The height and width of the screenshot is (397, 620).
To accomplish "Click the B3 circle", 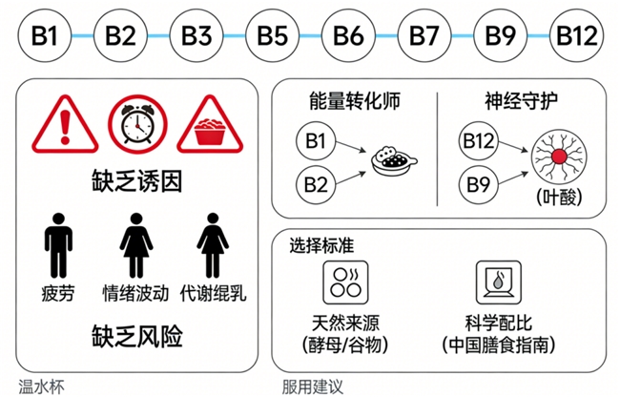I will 196,35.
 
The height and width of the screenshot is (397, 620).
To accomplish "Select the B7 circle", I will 424,35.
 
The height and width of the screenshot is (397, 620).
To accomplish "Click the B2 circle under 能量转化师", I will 315,179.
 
